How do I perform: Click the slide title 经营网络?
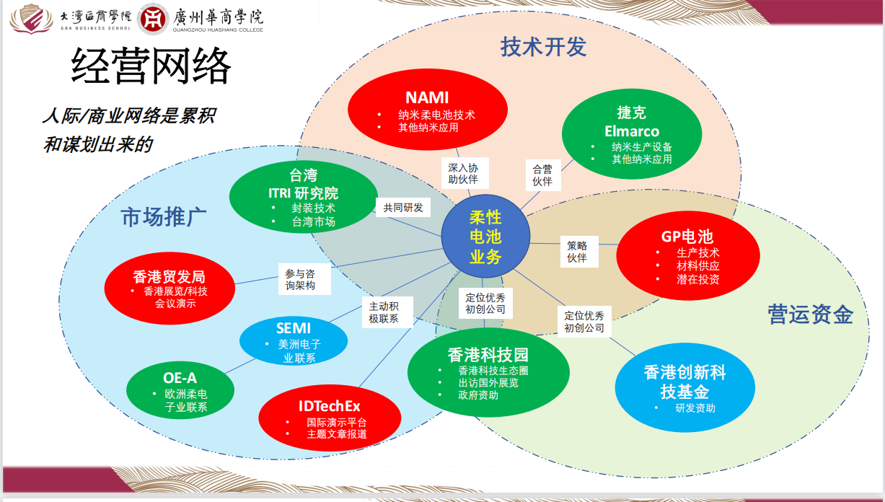tap(151, 68)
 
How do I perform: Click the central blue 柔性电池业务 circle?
tap(485, 236)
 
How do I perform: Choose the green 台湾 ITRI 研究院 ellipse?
tap(303, 197)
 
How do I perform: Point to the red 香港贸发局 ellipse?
tap(169, 288)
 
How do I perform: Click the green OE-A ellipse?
tap(180, 389)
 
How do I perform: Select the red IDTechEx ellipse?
tap(330, 418)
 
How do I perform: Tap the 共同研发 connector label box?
tap(403, 208)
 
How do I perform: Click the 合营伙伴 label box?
tap(542, 175)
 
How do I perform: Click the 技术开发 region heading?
tap(543, 47)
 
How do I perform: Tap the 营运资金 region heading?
tap(810, 314)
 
